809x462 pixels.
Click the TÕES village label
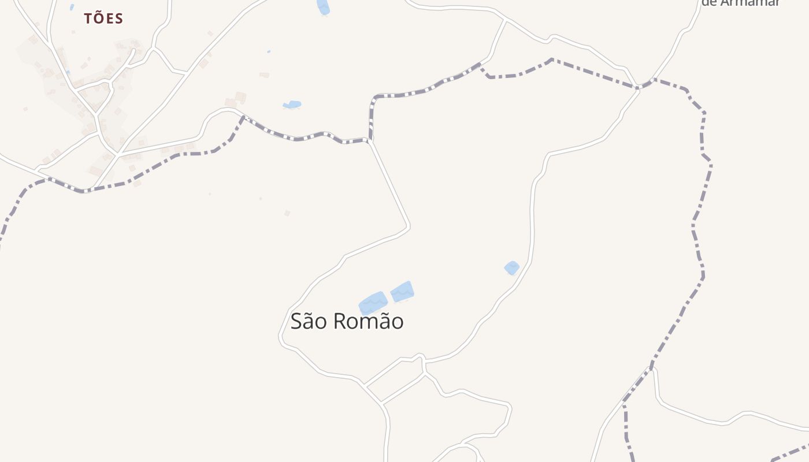[103, 18]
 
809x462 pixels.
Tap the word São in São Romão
[310, 321]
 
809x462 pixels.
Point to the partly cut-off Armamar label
[741, 3]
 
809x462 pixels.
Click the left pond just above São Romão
[373, 303]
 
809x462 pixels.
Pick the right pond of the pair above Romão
[402, 292]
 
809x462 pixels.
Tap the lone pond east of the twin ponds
[511, 267]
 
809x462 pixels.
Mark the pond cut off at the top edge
[323, 6]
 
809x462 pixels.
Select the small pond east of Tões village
[292, 105]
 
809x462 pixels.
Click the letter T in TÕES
[88, 18]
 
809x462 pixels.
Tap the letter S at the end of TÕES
[119, 18]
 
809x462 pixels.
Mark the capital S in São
[297, 321]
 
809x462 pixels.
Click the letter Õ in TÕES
[98, 18]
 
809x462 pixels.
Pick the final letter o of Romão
[397, 323]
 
